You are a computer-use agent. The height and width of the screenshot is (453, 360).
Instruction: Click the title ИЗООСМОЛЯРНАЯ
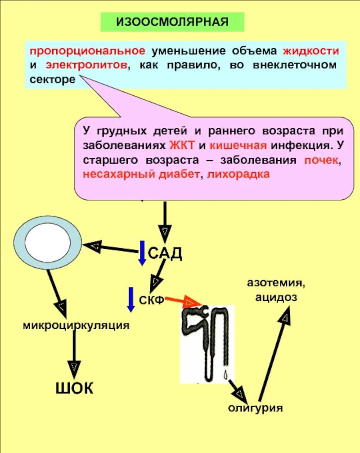click(172, 22)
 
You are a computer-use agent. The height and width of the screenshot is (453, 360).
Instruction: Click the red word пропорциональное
click(85, 50)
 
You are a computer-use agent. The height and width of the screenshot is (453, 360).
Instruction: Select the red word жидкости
click(311, 50)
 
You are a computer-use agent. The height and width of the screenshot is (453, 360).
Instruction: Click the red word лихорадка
click(239, 175)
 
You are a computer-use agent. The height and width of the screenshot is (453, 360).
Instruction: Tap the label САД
click(165, 253)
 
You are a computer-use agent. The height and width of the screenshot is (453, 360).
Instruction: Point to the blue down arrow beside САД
click(142, 253)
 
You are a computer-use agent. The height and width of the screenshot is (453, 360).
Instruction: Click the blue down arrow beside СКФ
click(131, 299)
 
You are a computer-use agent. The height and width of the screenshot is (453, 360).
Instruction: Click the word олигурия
click(255, 408)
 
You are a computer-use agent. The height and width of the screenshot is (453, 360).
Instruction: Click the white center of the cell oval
click(48, 238)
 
